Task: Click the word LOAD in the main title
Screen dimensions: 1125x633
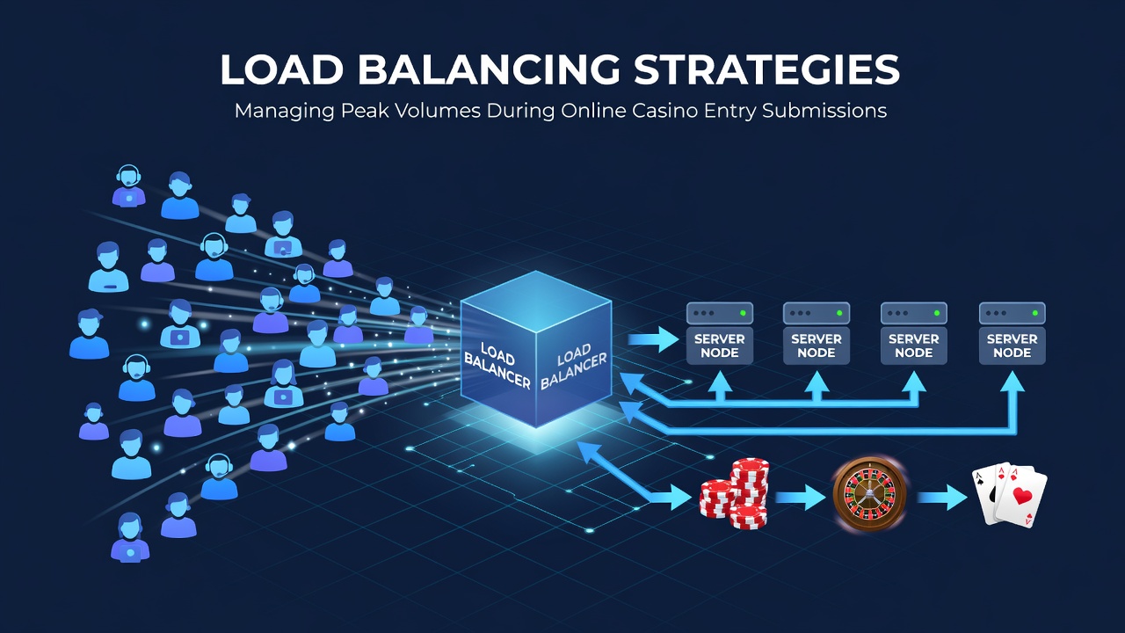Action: [282, 69]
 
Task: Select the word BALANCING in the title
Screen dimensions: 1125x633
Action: [489, 69]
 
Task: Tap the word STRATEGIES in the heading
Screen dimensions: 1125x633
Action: [766, 69]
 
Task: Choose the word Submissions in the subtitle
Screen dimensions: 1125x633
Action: [824, 111]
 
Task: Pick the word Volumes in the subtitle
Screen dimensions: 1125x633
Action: [438, 111]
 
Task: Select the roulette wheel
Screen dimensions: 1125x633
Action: [870, 494]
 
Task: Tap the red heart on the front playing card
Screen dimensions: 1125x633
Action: [1022, 496]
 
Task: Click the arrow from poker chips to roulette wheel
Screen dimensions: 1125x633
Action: [800, 497]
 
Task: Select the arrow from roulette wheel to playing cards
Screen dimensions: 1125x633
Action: [942, 497]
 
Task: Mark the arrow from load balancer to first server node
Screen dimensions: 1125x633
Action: [653, 339]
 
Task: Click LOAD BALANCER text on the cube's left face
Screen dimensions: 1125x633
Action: [497, 366]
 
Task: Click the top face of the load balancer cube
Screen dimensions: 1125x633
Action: [536, 302]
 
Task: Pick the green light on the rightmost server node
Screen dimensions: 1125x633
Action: [1034, 313]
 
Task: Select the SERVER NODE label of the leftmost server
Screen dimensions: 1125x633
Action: [720, 346]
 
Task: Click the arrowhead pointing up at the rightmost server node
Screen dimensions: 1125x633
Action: [1012, 382]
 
